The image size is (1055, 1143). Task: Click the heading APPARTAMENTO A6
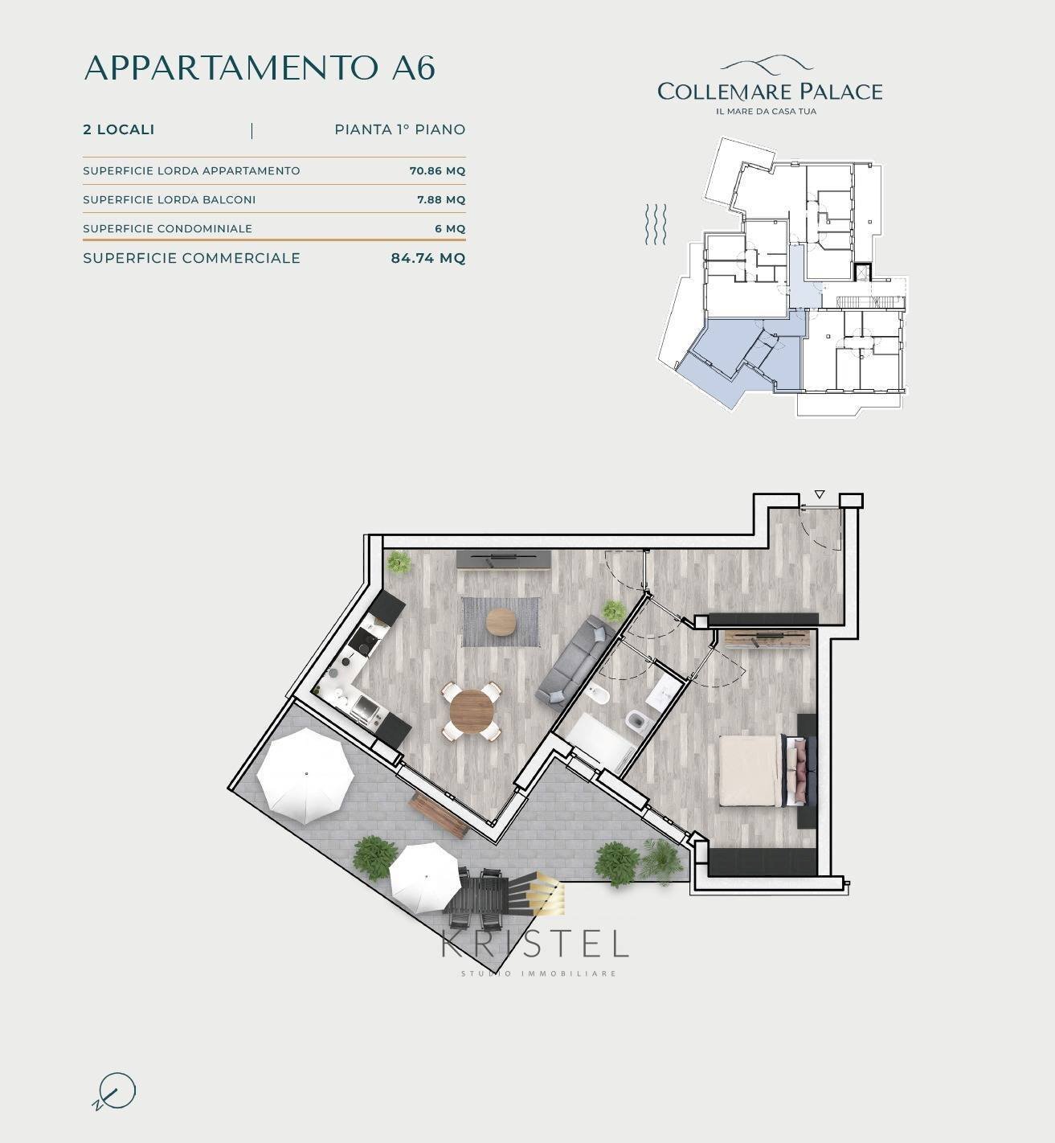point(260,68)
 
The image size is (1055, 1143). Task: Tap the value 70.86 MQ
point(437,170)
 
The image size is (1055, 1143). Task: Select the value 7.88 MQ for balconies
point(440,199)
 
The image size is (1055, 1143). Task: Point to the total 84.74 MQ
point(427,258)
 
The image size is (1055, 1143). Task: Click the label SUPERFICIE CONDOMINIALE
point(167,228)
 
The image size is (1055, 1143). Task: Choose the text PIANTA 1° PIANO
point(399,129)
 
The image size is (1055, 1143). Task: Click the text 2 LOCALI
point(119,129)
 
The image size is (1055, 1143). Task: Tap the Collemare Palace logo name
point(769,91)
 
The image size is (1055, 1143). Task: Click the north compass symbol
point(115,1092)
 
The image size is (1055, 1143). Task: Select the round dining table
point(472,710)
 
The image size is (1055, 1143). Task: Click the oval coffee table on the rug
point(501,621)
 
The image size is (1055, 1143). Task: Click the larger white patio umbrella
point(305,775)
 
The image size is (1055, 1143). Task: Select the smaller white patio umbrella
point(425,879)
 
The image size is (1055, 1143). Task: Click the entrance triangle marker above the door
point(819,494)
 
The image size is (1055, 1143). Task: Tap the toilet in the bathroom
point(637,720)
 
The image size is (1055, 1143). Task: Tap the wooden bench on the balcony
point(438,813)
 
